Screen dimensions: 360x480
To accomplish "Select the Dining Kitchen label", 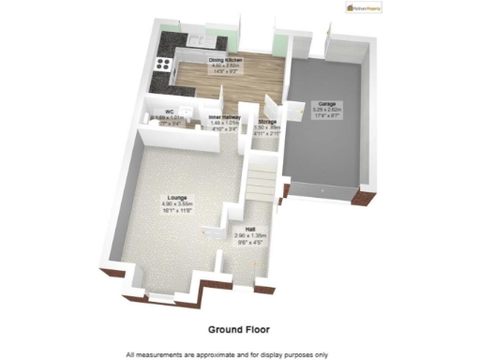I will coord(218,59).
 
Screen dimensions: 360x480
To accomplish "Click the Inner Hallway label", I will coord(226,116).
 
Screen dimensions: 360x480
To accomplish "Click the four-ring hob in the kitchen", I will coord(163,66).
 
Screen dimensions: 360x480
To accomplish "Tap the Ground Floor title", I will coord(240,329).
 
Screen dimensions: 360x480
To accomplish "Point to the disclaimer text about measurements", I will coord(240,353).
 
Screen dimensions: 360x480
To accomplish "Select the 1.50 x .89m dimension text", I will coord(267,127).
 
